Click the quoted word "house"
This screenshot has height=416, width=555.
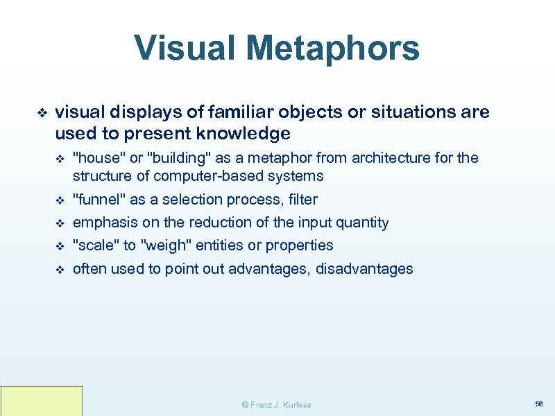point(94,158)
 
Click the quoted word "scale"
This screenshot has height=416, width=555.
point(95,245)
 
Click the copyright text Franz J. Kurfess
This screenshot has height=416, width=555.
point(275,404)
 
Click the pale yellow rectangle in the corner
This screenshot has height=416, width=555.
point(42,401)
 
